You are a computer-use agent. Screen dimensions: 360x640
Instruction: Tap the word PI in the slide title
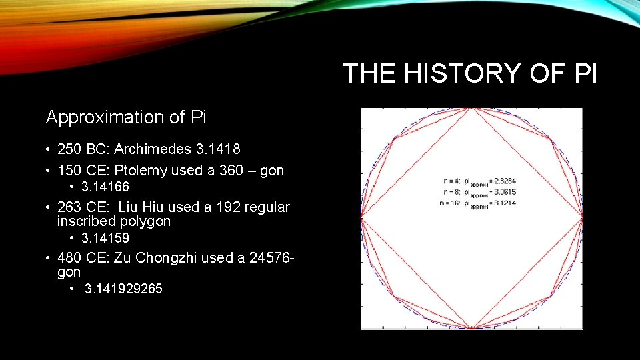(585, 73)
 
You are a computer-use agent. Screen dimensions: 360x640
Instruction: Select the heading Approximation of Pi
(126, 117)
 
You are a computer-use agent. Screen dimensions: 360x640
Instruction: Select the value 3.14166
(105, 187)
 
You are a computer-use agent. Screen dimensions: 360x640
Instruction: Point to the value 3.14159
(105, 238)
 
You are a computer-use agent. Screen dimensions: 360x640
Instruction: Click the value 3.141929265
(123, 289)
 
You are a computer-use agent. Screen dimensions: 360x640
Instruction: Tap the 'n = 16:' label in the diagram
(453, 203)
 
